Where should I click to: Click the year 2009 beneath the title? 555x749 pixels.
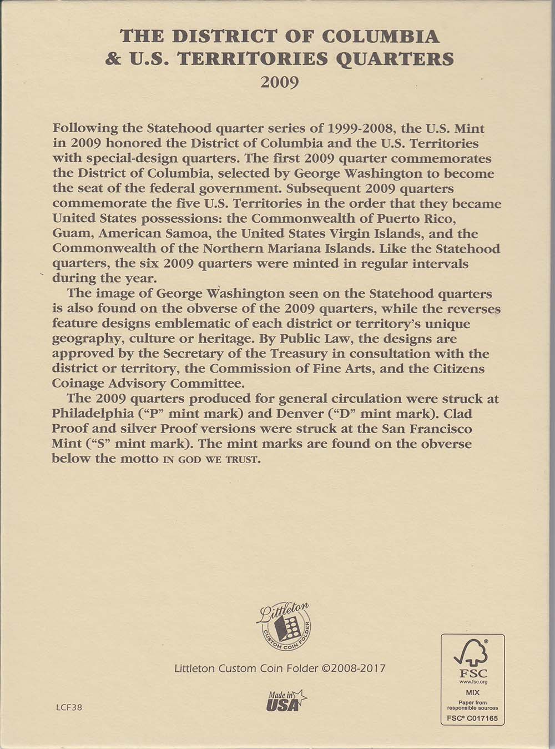tap(280, 82)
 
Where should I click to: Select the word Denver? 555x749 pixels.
tap(289, 414)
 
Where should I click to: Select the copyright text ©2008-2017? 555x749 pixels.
tap(353, 668)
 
